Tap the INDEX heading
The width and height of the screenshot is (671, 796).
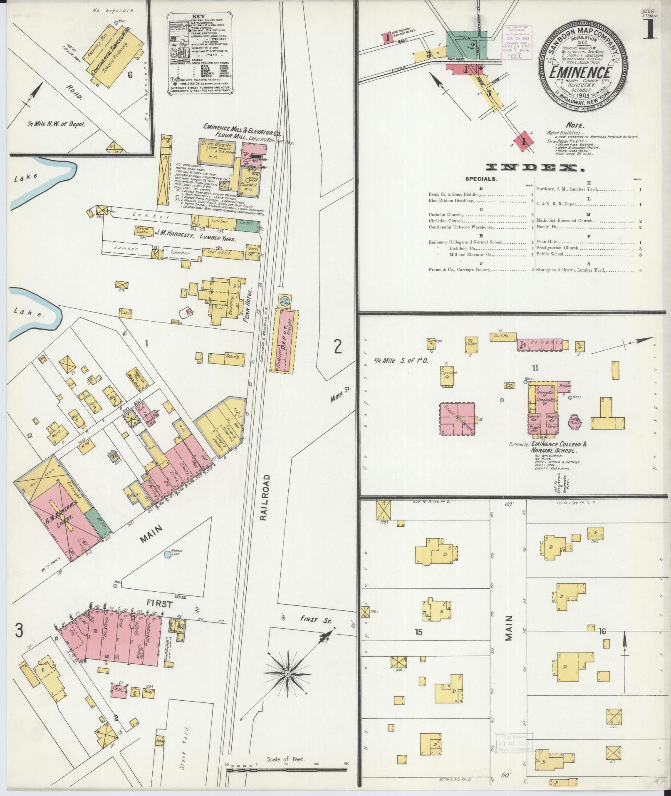click(x=535, y=168)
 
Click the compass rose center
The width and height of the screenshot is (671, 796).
click(x=287, y=673)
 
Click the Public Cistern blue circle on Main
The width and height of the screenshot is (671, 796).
click(x=167, y=554)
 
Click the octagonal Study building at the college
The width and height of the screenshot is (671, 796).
click(x=575, y=423)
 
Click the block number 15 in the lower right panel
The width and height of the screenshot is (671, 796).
click(x=418, y=643)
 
